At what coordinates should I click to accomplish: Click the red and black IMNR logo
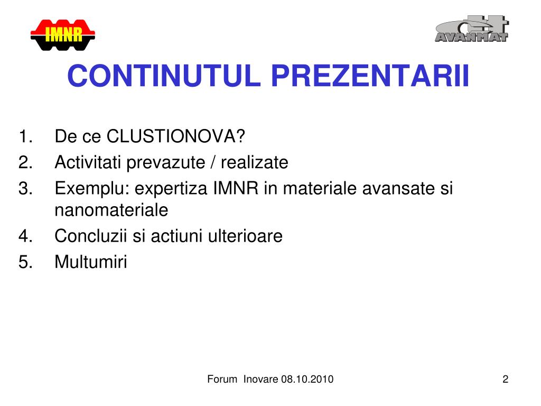(x=63, y=35)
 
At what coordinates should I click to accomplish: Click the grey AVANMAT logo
(x=472, y=29)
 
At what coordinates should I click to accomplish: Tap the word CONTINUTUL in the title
(x=164, y=76)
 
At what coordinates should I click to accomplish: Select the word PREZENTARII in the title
(x=370, y=76)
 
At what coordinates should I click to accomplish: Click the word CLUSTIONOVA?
(x=175, y=136)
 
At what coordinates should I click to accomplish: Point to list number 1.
(x=25, y=136)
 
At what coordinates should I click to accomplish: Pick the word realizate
(x=255, y=162)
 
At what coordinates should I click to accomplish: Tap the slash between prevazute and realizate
(x=212, y=162)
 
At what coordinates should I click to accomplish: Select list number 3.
(x=25, y=189)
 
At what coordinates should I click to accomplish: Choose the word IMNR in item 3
(x=236, y=189)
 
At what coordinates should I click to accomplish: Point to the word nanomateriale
(x=111, y=210)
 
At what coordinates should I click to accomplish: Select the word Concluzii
(x=91, y=236)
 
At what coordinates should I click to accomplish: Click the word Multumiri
(x=91, y=262)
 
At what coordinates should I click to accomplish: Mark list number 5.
(x=25, y=262)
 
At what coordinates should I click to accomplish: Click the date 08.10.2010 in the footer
(x=307, y=379)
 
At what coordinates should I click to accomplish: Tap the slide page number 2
(x=506, y=379)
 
